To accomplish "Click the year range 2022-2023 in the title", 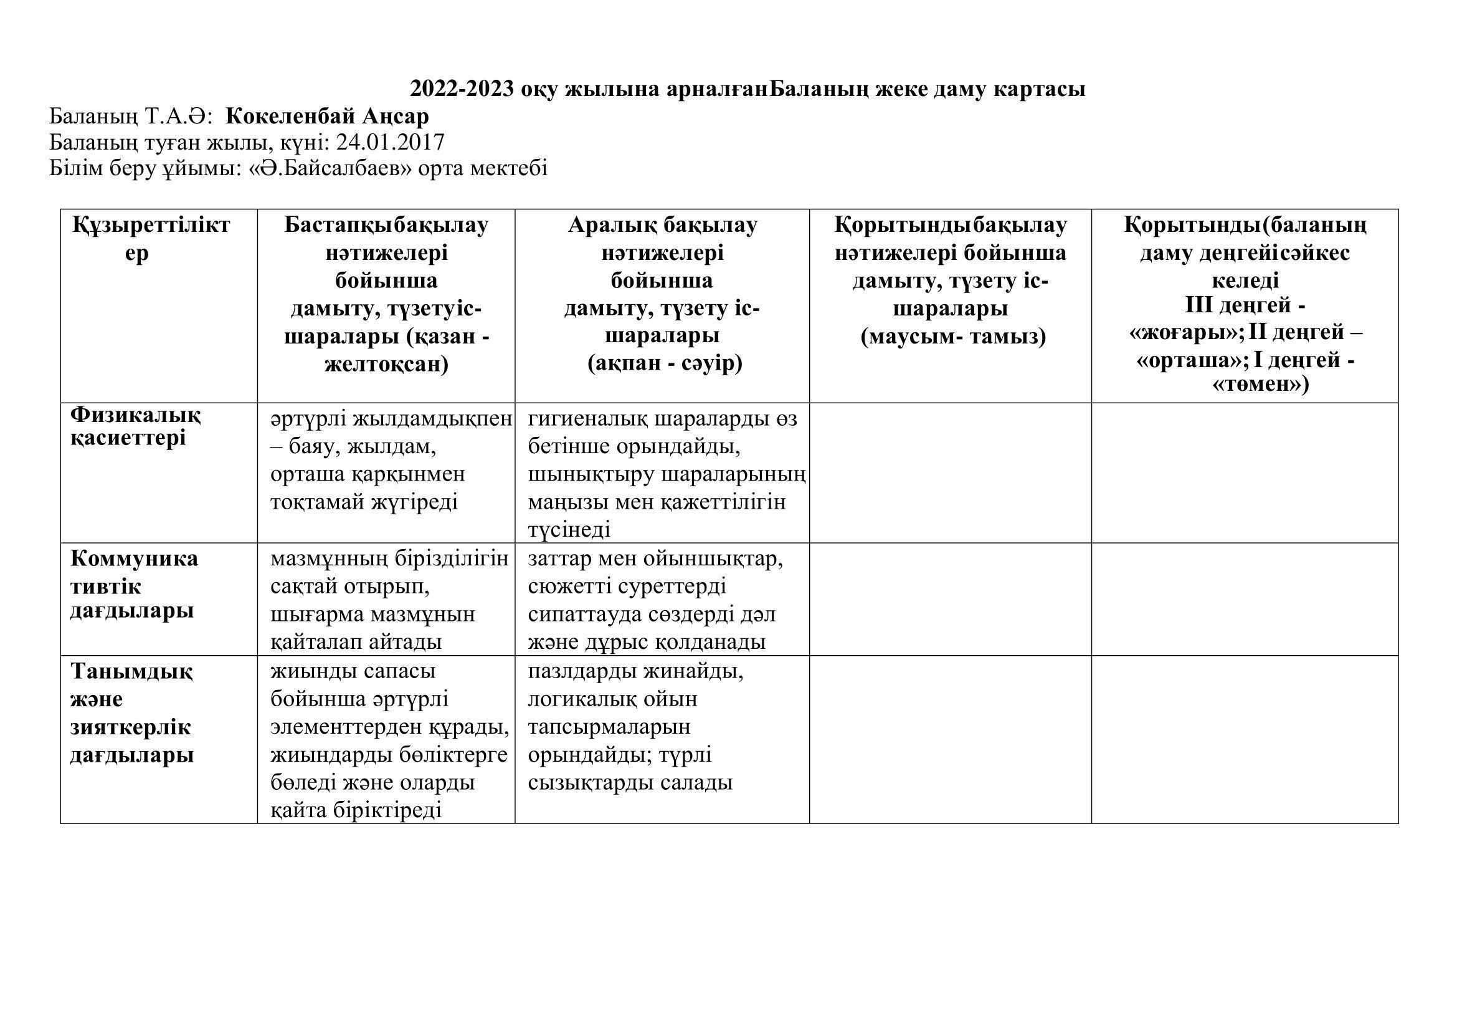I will [x=462, y=89].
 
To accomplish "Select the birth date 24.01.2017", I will [x=391, y=141].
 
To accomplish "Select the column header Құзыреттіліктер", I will [x=151, y=239].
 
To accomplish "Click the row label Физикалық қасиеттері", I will [x=135, y=426].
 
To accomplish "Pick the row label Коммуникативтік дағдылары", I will [x=133, y=584].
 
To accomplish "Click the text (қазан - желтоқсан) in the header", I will [x=387, y=350].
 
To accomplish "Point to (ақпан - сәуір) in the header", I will [x=665, y=364].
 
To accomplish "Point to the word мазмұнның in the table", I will [x=328, y=559].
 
